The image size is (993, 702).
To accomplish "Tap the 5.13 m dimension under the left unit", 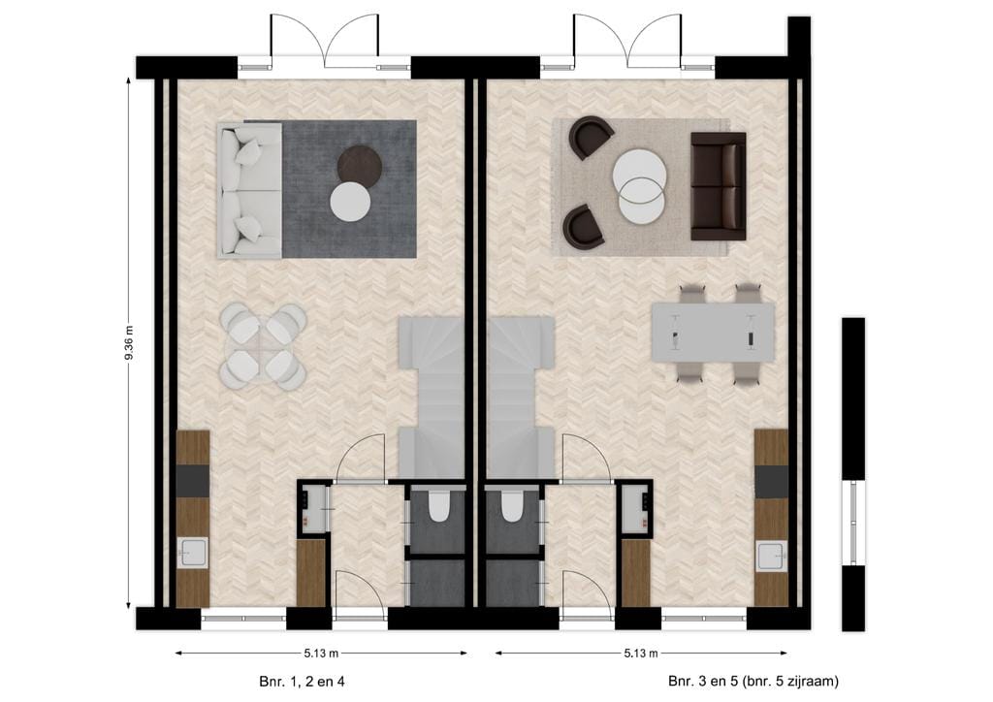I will point(319,653).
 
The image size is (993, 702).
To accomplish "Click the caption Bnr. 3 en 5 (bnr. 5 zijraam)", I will point(753,682).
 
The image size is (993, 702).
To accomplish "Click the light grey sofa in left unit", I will point(248,190).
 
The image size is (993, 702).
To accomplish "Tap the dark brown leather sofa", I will point(718,186).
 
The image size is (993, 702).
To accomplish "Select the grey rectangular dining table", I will point(713,333).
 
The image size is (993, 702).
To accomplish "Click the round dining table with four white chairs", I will point(263,346).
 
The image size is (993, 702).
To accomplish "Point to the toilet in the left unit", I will point(437,506).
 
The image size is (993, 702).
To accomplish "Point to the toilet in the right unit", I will point(511,506).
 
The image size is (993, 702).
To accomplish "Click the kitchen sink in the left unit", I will point(193,554).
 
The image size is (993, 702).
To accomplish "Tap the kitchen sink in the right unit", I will point(771,556).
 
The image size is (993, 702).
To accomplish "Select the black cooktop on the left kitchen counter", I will point(193,480).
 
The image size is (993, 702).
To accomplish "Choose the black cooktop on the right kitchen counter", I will point(771,481).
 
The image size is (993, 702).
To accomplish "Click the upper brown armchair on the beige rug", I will point(590,137).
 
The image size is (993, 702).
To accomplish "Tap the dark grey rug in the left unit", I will point(378,233).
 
